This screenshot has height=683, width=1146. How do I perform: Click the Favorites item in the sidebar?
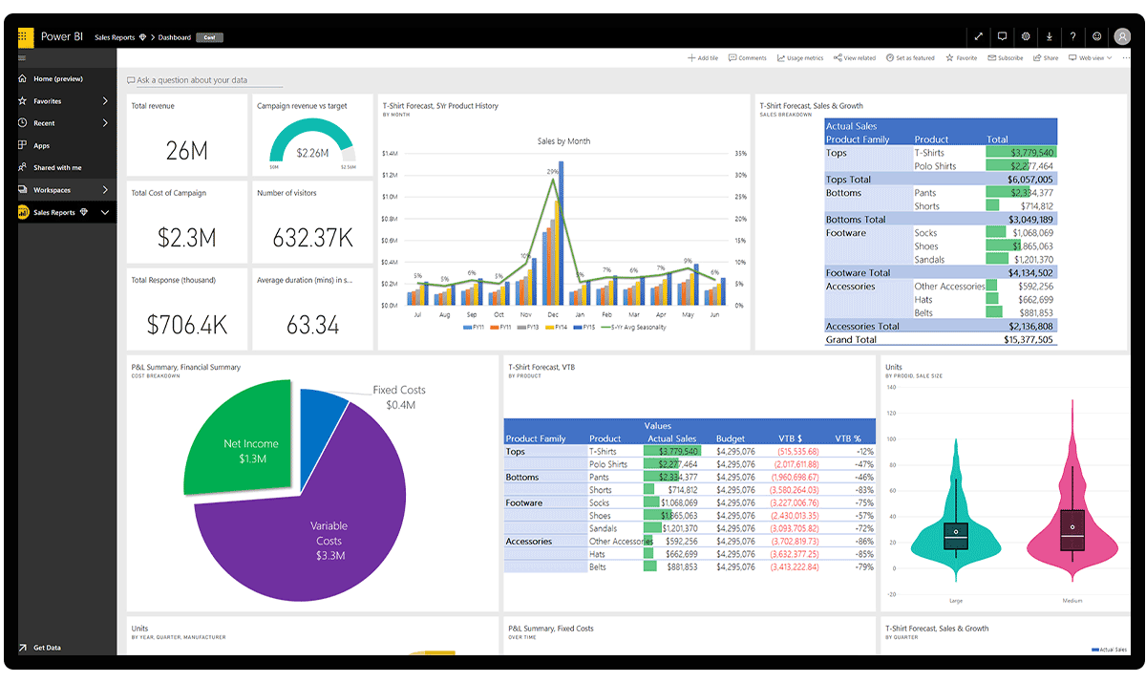(47, 101)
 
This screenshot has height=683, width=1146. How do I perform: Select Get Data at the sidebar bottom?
(47, 648)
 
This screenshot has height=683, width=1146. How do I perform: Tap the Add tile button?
(703, 58)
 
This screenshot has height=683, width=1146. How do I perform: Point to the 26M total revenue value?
(186, 150)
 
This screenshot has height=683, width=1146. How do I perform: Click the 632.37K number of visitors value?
(312, 237)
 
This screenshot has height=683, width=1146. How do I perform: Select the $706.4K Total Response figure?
(187, 325)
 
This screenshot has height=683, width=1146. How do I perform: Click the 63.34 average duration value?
(312, 325)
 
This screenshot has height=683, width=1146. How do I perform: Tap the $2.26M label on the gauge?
(312, 153)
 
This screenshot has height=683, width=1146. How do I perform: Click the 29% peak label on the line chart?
(552, 172)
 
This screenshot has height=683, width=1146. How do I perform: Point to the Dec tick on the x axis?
(553, 314)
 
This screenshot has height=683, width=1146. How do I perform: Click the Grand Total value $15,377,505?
(1031, 339)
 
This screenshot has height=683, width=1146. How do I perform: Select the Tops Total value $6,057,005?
(1031, 180)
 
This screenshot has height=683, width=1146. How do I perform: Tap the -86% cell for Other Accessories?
(864, 542)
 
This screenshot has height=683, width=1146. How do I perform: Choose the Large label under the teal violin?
(956, 601)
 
